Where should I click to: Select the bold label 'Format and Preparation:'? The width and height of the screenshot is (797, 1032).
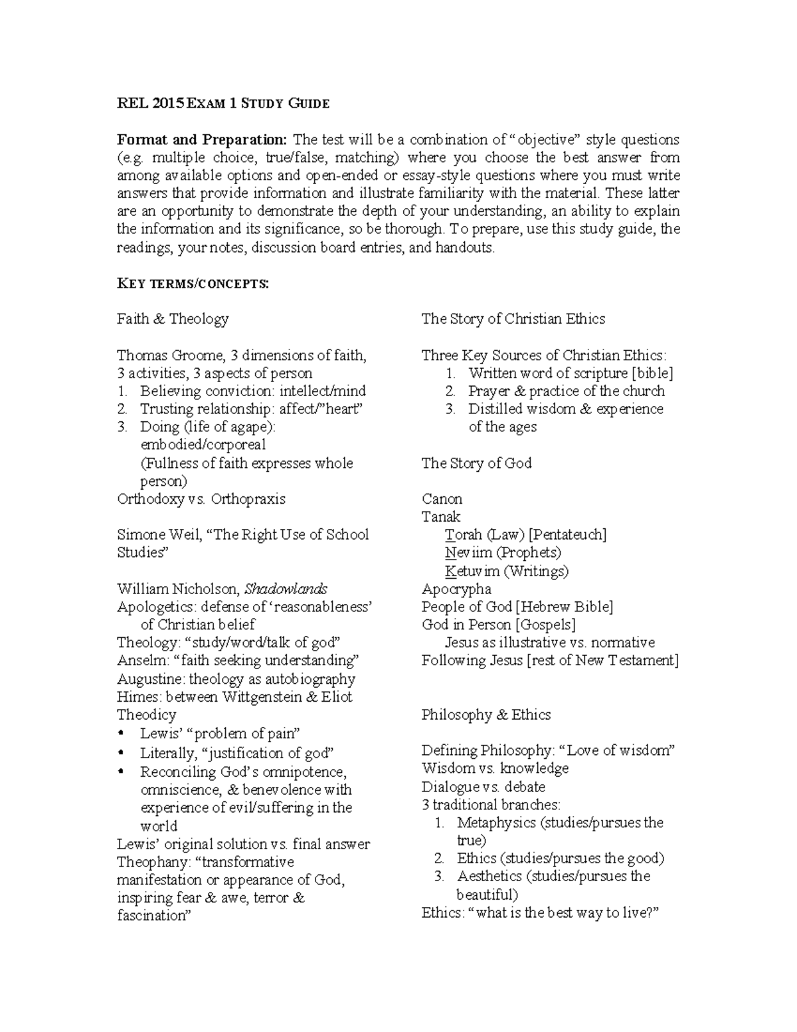(202, 140)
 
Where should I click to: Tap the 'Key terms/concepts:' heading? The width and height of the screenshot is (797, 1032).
(193, 284)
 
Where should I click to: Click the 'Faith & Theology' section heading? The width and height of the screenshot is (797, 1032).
(173, 319)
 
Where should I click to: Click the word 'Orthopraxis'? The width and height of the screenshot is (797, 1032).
(248, 499)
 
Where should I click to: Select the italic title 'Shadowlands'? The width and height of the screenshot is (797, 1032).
(286, 589)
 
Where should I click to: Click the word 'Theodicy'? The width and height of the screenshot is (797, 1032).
(147, 715)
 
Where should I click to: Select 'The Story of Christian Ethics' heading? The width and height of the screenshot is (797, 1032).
(513, 319)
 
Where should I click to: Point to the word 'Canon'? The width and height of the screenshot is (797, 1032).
(442, 499)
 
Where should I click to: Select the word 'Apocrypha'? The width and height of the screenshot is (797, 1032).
(456, 589)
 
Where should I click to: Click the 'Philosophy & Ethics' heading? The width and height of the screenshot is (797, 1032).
(486, 715)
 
